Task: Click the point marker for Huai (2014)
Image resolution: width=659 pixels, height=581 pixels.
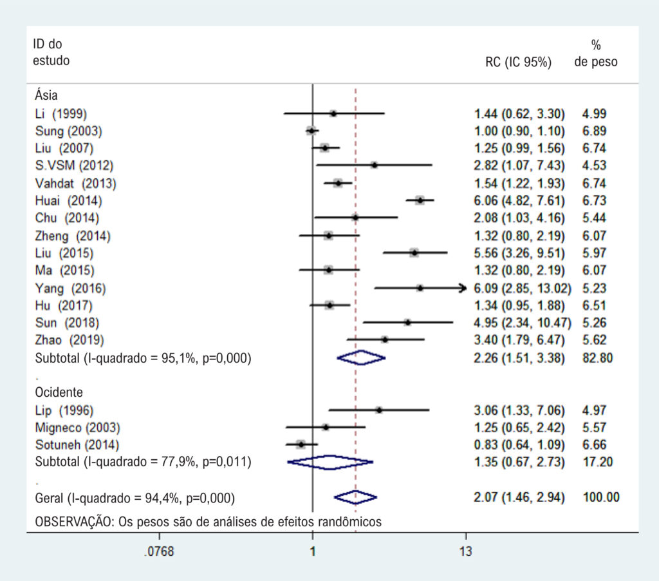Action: tap(420, 201)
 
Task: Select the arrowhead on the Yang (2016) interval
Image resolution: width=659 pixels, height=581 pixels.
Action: tap(463, 288)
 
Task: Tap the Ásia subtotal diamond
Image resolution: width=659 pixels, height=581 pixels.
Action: tap(361, 358)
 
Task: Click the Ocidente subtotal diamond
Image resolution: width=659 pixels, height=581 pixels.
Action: tap(330, 462)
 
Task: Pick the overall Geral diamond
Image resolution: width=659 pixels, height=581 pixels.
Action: tap(355, 498)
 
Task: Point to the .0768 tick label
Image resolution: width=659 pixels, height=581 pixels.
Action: tap(160, 551)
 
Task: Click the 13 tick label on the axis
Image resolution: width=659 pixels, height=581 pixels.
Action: tap(466, 551)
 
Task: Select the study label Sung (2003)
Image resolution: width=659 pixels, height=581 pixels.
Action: tap(68, 131)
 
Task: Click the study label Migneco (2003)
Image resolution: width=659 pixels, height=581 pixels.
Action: tap(78, 428)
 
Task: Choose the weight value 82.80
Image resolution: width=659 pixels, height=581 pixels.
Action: tap(597, 358)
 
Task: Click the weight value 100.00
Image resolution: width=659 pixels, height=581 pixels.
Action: tap(601, 497)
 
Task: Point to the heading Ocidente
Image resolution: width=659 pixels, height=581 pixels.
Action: tap(59, 392)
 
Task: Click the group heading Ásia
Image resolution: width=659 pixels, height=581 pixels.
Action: tap(46, 95)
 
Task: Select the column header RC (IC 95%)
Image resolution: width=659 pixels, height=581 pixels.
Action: tap(518, 62)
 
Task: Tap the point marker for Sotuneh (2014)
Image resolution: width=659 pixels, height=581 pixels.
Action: tap(301, 444)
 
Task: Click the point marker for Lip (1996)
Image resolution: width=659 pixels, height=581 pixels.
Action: tap(379, 410)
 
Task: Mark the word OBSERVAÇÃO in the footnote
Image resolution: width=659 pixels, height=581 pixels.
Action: tap(74, 522)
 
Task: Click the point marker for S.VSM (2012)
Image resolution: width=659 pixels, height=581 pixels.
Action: tap(374, 166)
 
